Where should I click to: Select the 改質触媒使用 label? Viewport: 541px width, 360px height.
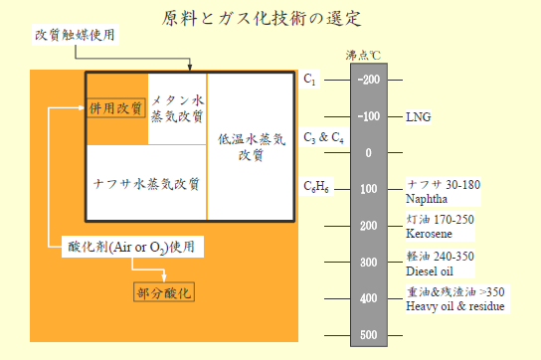tap(75, 36)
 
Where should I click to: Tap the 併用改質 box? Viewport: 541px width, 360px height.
tap(116, 107)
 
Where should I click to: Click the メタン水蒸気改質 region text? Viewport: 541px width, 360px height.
tap(177, 108)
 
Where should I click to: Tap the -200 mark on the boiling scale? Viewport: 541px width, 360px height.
tap(368, 80)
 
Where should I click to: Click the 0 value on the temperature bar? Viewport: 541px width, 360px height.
tap(368, 152)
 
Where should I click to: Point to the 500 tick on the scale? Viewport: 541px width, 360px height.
tap(368, 334)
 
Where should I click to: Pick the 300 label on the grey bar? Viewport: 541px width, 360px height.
tap(368, 262)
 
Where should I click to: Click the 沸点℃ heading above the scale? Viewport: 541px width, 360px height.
tap(370, 58)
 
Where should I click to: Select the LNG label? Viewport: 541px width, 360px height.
tap(418, 116)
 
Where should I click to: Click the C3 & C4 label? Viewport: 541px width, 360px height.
tap(323, 138)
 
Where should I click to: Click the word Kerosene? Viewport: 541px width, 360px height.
tap(429, 234)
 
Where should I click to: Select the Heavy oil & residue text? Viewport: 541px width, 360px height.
tap(455, 306)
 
